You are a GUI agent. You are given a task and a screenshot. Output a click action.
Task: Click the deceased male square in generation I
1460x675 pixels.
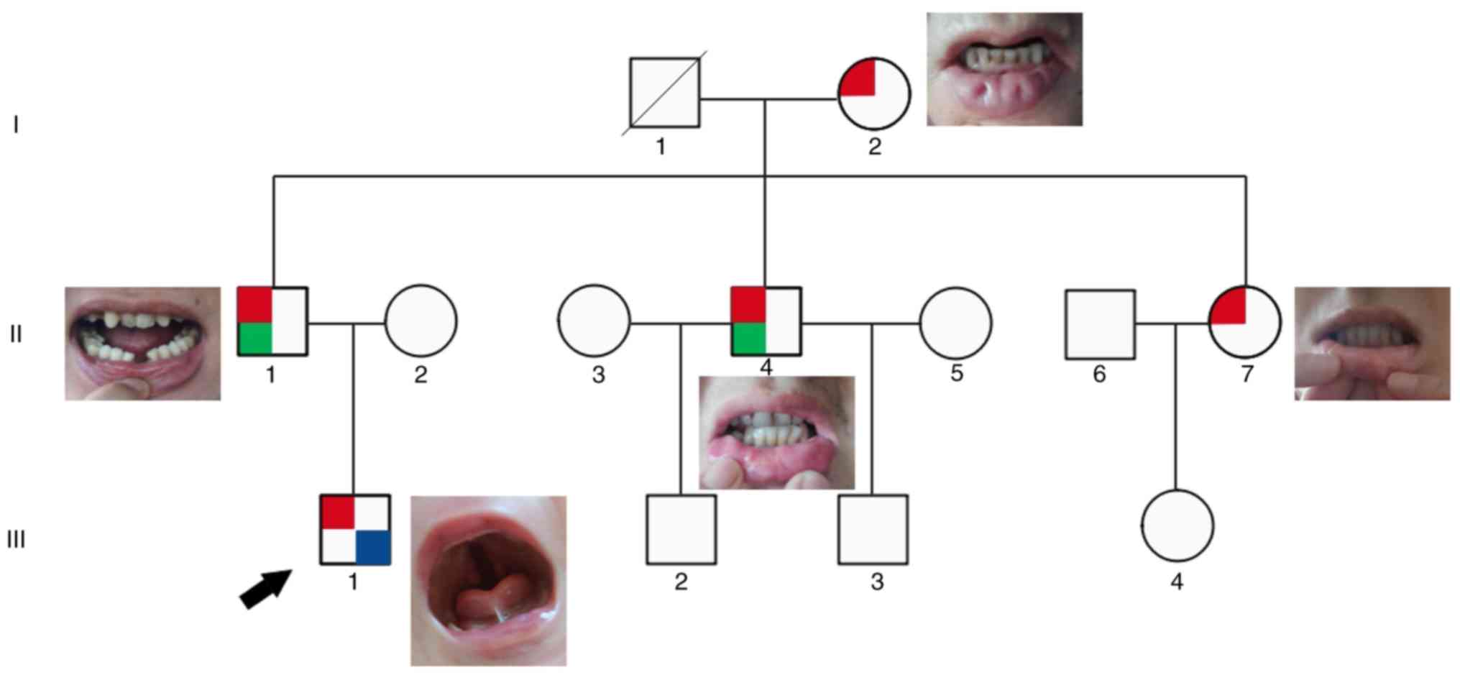click(x=664, y=92)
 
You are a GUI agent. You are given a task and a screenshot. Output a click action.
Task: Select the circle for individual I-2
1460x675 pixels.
click(x=874, y=94)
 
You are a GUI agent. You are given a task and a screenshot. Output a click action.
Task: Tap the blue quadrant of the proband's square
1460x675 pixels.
click(x=373, y=548)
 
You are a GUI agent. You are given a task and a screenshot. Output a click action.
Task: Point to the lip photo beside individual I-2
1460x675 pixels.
click(x=1004, y=69)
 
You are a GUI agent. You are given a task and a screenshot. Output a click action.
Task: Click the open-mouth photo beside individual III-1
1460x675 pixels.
click(x=488, y=580)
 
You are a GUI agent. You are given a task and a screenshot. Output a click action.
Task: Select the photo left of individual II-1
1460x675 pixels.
click(x=142, y=344)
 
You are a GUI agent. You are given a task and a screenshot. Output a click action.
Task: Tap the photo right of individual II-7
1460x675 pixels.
click(x=1372, y=344)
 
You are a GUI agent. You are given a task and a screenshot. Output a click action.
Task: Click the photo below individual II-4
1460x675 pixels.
click(x=776, y=433)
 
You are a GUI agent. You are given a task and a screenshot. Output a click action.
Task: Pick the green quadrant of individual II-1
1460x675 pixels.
click(x=254, y=338)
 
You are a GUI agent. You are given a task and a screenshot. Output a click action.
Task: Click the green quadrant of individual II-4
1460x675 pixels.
click(x=748, y=338)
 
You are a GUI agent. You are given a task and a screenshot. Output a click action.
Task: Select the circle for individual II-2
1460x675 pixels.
click(x=421, y=321)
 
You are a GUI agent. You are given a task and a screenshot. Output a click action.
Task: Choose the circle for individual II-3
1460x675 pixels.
click(x=594, y=321)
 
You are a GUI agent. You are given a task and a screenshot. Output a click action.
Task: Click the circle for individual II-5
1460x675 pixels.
click(x=955, y=323)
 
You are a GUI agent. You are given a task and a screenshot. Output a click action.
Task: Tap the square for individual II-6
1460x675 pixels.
click(x=1100, y=323)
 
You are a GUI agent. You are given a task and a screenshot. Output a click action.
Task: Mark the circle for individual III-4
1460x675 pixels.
click(x=1177, y=526)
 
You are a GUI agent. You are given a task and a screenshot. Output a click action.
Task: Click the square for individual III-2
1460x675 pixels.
click(x=681, y=529)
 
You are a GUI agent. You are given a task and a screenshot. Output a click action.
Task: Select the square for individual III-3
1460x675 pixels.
click(x=873, y=529)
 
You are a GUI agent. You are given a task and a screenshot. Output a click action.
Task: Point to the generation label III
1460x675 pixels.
click(x=16, y=540)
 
